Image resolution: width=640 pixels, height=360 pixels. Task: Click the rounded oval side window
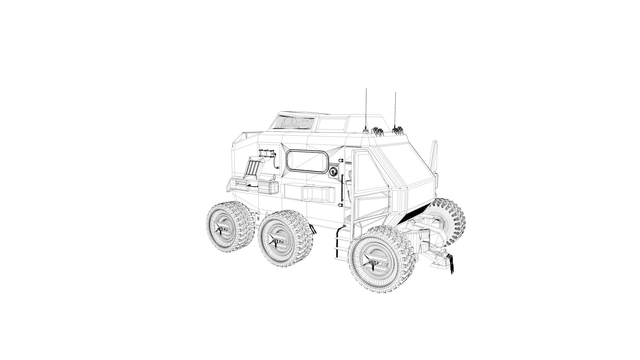[x=307, y=162]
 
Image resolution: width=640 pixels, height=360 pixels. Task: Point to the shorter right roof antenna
[x=395, y=110]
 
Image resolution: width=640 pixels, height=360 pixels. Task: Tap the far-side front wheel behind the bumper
[x=448, y=218]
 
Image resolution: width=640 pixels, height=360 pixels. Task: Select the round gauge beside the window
[x=333, y=172]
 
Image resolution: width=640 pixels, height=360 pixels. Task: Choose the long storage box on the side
[x=308, y=194]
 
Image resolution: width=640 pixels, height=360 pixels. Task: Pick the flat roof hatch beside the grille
[x=332, y=124]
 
